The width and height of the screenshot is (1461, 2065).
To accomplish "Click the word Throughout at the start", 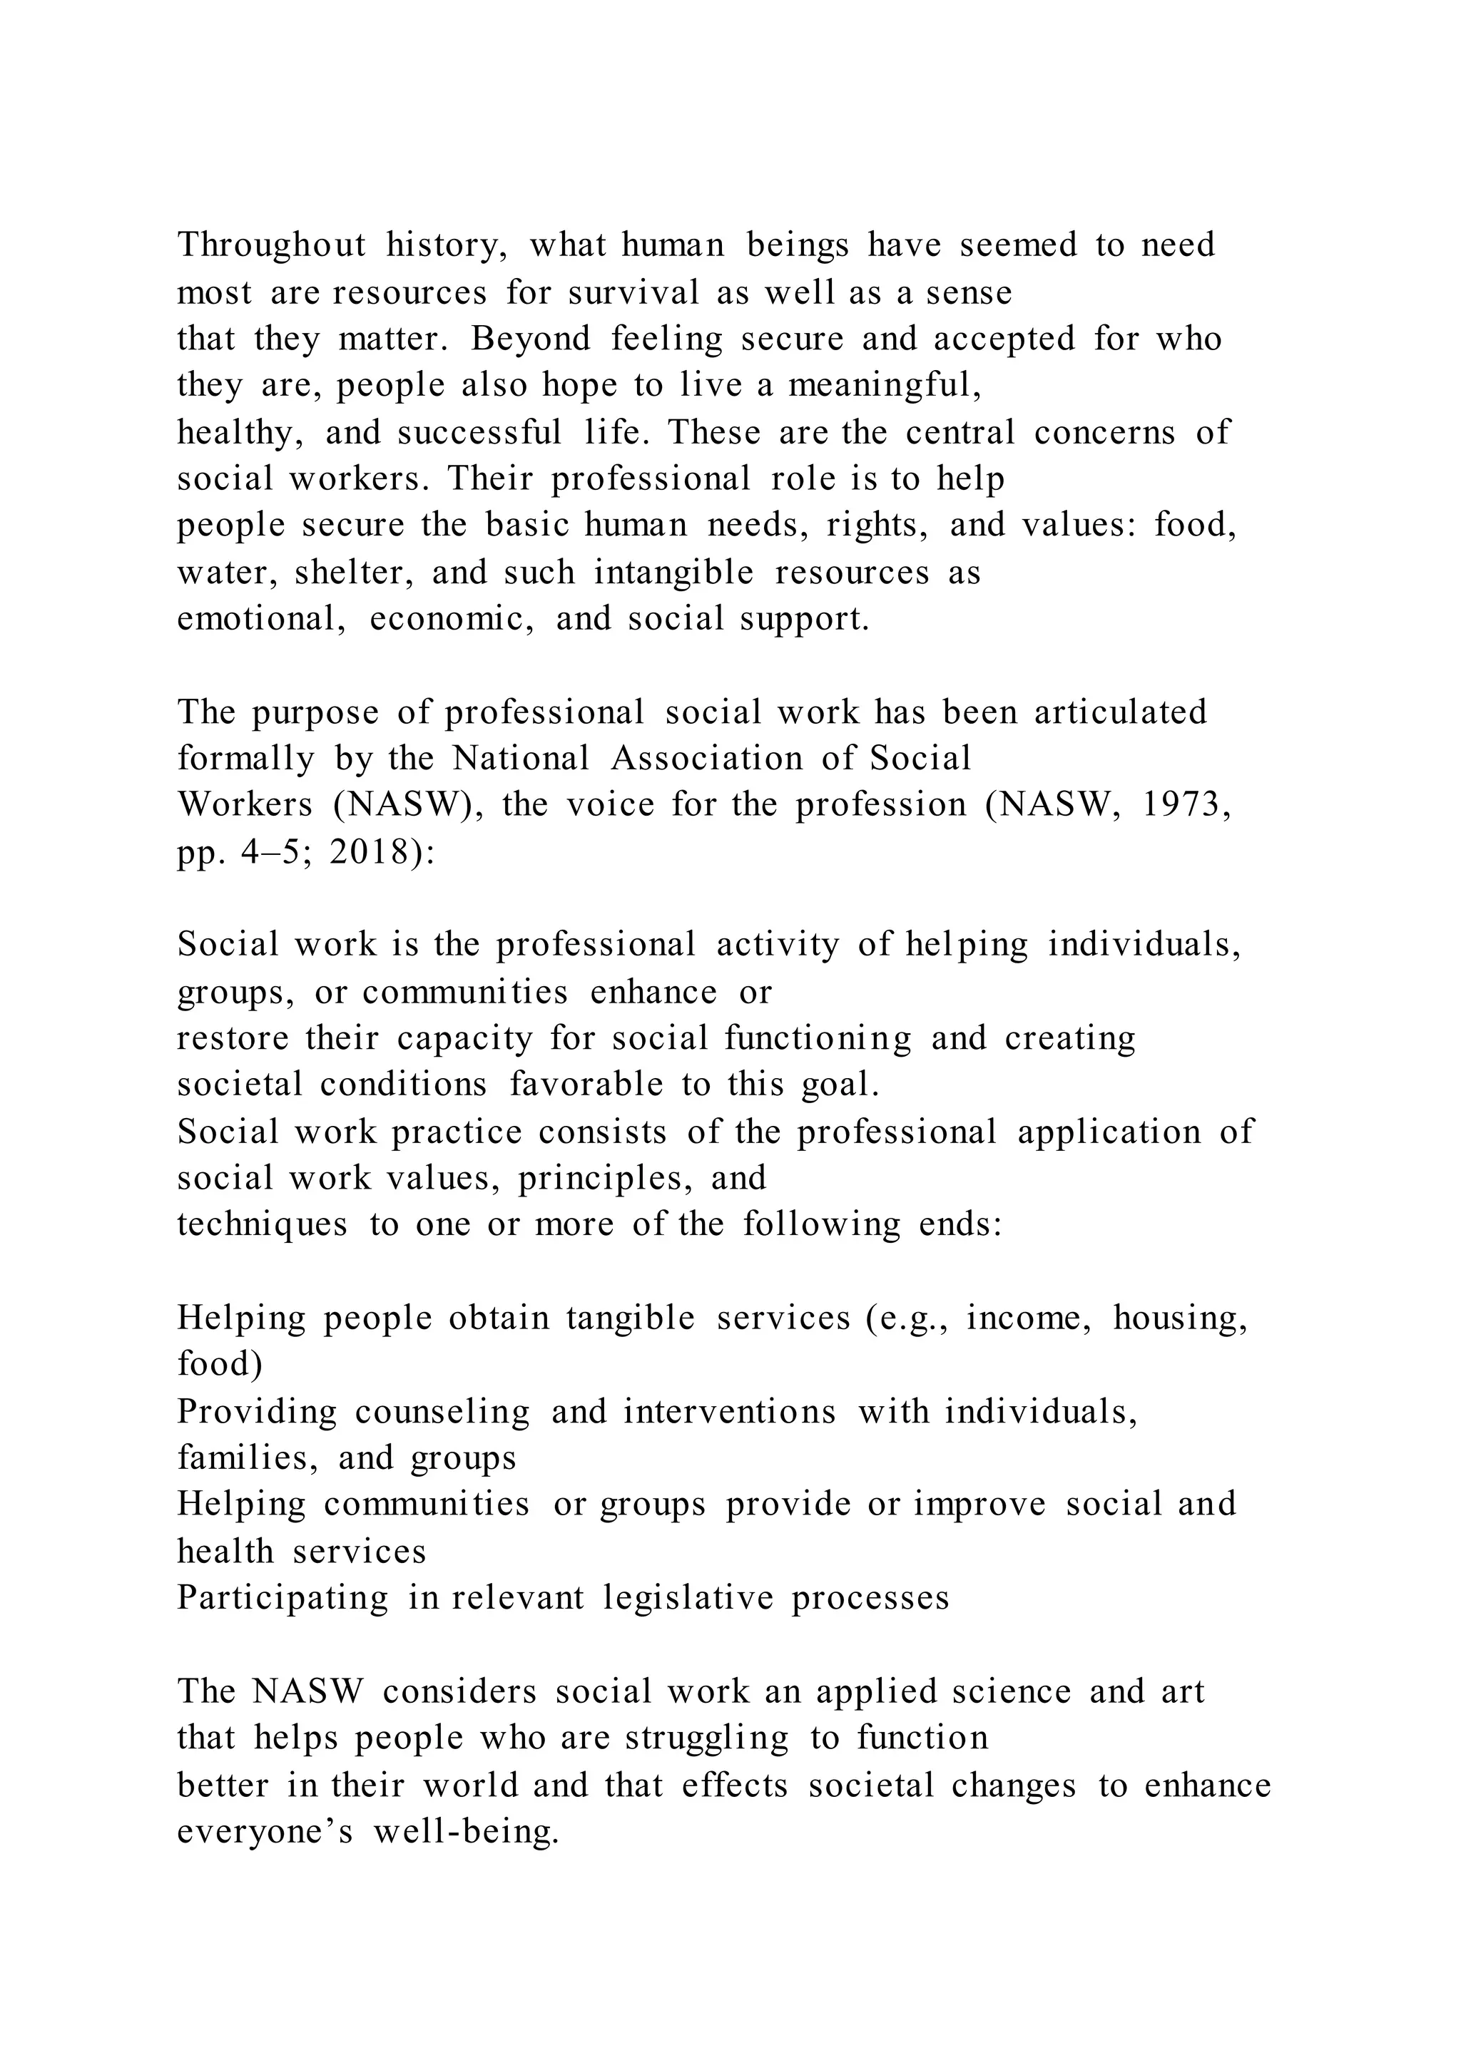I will [272, 245].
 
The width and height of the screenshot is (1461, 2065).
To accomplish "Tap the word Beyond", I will [531, 339].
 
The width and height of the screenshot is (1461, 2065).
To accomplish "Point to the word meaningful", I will [885, 386].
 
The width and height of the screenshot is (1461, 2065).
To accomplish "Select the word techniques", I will [262, 1225].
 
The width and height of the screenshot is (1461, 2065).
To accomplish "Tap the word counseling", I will [442, 1412].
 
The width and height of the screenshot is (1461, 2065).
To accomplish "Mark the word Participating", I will [282, 1599].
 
